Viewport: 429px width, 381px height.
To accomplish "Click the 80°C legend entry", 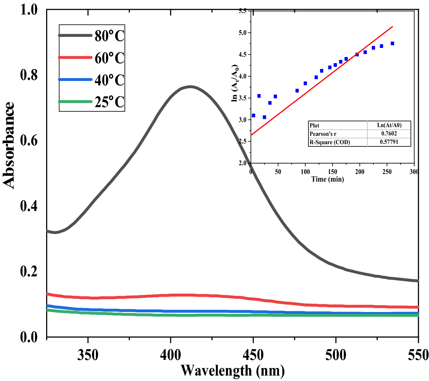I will tap(109, 36).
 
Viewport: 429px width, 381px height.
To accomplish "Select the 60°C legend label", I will tap(109, 58).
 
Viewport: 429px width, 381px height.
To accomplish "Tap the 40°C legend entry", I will tap(109, 80).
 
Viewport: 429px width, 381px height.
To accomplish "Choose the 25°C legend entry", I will tap(109, 102).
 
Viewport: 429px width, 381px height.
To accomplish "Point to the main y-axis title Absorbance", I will tap(9, 145).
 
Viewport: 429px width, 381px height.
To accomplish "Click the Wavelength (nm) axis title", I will tap(232, 371).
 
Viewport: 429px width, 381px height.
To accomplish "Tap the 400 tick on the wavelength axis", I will tap(170, 355).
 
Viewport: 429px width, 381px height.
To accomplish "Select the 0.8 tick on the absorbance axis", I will tap(29, 75).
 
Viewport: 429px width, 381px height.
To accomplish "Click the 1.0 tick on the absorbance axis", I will tap(29, 10).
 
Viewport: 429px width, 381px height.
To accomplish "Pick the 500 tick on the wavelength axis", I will tap(336, 355).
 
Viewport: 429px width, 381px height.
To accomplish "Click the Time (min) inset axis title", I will tap(327, 179).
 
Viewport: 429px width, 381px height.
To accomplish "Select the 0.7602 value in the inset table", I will tap(389, 134).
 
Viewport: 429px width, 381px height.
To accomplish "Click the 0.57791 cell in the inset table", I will tap(389, 142).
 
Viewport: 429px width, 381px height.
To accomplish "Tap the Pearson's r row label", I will tap(323, 134).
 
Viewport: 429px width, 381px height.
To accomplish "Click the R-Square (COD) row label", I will tap(329, 142).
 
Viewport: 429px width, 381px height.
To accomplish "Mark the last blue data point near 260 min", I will tap(392, 43).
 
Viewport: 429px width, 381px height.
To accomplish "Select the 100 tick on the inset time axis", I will tap(305, 171).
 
